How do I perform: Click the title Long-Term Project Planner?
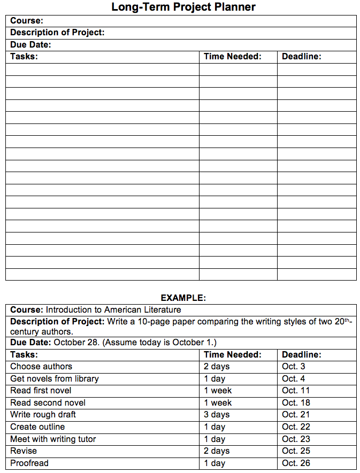pos(183,7)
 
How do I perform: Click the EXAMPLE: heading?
pos(183,298)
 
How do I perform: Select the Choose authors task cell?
pos(41,367)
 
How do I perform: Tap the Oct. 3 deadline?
pos(294,367)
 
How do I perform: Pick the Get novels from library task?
pos(55,379)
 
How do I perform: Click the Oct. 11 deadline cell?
pos(296,391)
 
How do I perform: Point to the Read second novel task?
pos(48,403)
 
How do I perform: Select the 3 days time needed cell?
pos(217,415)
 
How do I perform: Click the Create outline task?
pos(37,427)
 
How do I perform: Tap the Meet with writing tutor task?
pos(53,439)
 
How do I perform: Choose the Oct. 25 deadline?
pos(296,451)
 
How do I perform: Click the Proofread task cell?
pos(29,463)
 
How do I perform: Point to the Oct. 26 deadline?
pos(296,463)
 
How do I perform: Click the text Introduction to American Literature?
pos(113,310)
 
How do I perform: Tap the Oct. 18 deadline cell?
pos(296,403)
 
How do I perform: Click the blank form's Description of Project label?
pos(57,33)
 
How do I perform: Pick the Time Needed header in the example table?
pos(233,354)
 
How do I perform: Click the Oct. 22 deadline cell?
pos(296,427)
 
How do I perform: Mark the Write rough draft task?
pos(43,415)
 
